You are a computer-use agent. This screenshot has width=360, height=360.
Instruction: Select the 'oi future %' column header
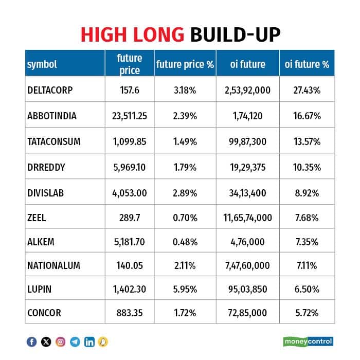click(x=307, y=64)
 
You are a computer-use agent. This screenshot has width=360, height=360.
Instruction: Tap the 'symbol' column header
click(x=42, y=64)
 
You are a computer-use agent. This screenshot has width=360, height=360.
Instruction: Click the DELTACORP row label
click(x=50, y=90)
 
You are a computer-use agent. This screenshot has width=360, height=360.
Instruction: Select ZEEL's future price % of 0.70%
click(x=185, y=218)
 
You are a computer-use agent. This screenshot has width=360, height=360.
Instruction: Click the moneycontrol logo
click(x=308, y=341)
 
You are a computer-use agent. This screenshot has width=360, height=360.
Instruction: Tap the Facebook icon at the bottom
click(x=32, y=341)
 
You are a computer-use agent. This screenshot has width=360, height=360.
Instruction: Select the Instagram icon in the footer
click(x=61, y=341)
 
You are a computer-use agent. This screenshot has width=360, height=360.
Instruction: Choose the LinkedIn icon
click(x=89, y=341)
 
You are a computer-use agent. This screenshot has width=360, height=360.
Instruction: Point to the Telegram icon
click(x=75, y=341)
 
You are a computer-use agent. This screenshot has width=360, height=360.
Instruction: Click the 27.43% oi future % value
click(x=307, y=90)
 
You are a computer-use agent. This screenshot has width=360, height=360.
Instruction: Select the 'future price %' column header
click(x=185, y=64)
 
